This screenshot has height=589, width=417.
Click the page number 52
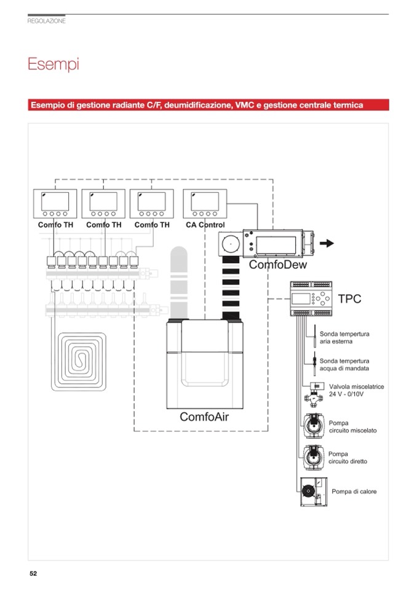[33, 574]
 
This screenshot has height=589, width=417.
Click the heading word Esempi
[54, 64]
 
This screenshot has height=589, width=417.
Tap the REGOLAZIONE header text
[47, 21]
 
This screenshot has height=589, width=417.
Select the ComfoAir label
[204, 417]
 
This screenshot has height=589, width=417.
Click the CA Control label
[205, 225]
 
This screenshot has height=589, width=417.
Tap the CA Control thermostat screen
[205, 200]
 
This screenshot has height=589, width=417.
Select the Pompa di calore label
[354, 491]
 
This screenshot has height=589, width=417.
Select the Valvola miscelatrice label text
[356, 390]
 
